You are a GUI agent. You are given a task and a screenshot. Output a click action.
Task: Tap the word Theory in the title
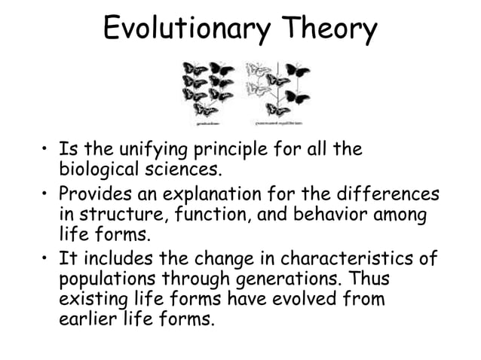[329, 30]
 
